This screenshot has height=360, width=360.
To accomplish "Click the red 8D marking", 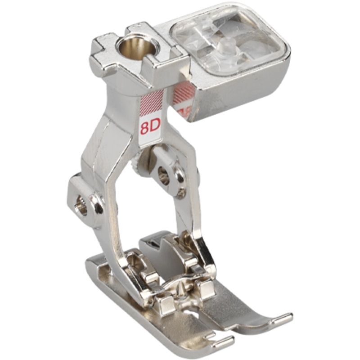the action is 150,127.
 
